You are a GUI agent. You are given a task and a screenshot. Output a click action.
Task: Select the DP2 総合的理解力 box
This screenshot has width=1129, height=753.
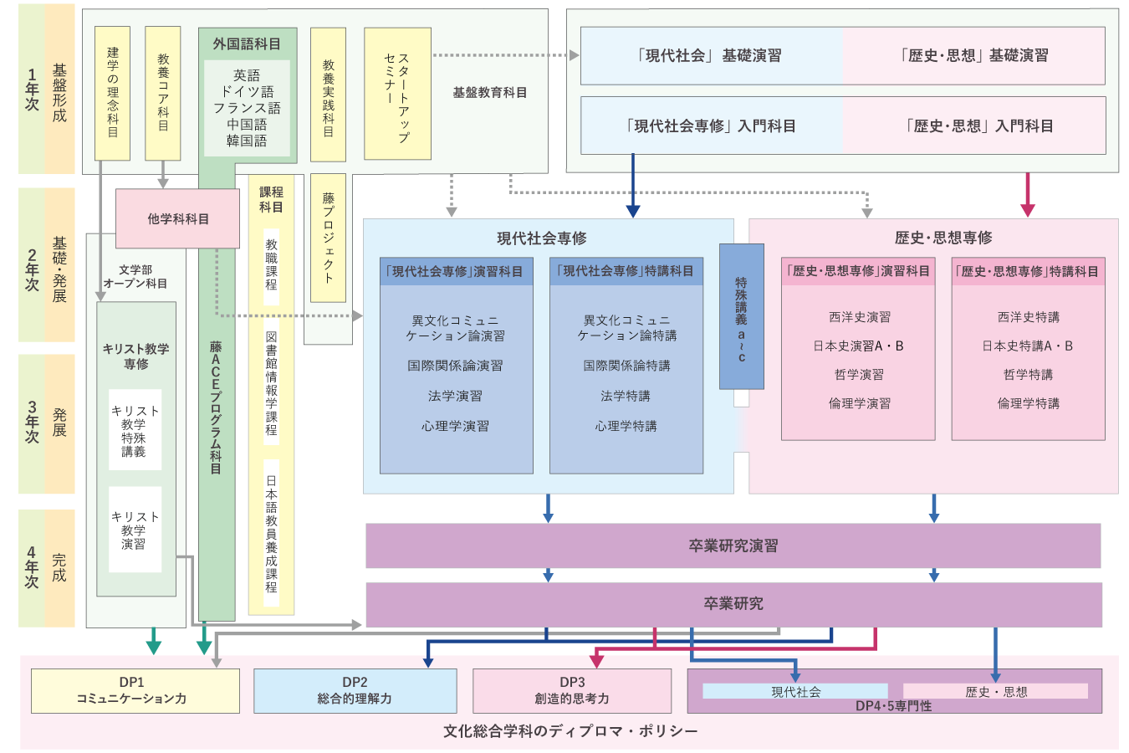[x=355, y=690]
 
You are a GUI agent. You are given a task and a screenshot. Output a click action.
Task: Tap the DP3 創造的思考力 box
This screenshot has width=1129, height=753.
[x=572, y=690]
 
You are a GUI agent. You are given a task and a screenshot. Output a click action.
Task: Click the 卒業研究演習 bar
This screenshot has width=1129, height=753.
[x=733, y=546]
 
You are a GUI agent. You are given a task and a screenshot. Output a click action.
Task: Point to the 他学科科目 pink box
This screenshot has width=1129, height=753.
[x=177, y=218]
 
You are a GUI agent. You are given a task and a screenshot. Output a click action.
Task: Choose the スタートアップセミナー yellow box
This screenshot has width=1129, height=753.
[x=397, y=93]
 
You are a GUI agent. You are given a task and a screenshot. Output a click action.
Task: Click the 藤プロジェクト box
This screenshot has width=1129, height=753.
[x=328, y=238]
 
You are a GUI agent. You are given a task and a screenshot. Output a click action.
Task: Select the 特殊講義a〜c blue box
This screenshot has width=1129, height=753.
[x=742, y=316]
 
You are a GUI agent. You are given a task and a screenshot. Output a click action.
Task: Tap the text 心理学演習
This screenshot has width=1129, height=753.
[x=455, y=426]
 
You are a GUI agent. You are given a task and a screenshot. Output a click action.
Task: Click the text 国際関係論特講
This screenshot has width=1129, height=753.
[x=626, y=366]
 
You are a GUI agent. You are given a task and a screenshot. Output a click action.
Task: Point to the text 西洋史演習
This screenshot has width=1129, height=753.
[x=859, y=317]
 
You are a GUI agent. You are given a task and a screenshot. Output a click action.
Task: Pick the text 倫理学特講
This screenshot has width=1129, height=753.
[x=1028, y=403]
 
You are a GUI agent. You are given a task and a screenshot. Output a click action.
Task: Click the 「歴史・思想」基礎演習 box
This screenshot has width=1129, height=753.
[x=974, y=55]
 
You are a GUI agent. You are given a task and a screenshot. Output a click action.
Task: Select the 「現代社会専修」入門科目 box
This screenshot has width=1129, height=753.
[x=712, y=126]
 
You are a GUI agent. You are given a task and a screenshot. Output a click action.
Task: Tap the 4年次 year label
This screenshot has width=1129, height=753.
[x=32, y=568]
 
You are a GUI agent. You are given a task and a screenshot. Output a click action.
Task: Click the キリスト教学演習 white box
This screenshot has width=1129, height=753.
[x=135, y=530]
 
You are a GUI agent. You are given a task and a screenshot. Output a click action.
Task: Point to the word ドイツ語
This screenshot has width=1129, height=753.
[x=247, y=92]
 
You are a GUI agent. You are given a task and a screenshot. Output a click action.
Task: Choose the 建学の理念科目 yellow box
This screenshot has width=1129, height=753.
[x=112, y=93]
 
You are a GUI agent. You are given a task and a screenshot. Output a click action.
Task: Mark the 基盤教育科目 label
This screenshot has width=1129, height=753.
[x=489, y=93]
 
